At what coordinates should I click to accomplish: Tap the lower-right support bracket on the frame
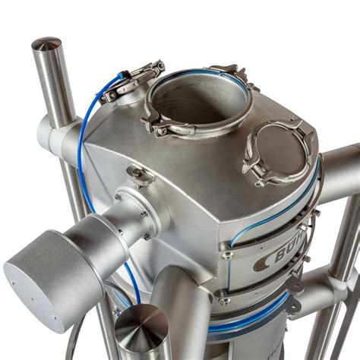319,292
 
